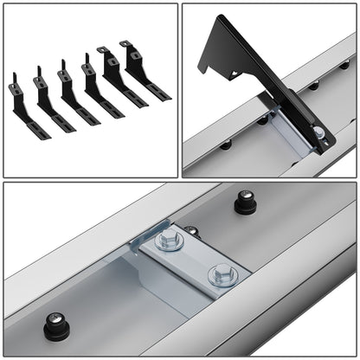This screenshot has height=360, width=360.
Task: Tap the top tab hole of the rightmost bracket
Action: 126,44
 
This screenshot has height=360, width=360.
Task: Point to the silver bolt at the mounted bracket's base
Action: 319,133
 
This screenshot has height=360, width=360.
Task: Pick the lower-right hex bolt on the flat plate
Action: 221,276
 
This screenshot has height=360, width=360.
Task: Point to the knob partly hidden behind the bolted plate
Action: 192,232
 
